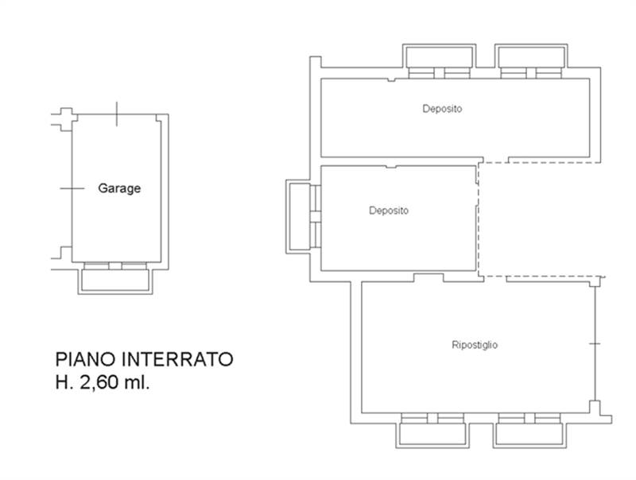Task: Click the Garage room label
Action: (119, 189)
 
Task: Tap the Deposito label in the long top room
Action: (442, 109)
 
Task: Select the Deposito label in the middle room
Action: (389, 211)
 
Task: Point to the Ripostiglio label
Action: (475, 345)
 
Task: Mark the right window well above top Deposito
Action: (531, 57)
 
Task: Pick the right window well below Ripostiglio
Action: (529, 433)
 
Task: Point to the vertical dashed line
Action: (480, 219)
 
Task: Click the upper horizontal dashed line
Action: (541, 163)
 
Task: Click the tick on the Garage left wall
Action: (72, 188)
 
